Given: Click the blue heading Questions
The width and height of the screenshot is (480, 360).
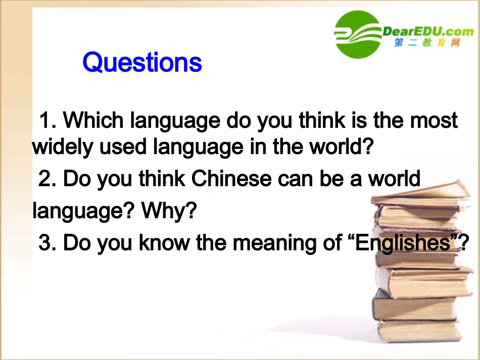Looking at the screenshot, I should [142, 63].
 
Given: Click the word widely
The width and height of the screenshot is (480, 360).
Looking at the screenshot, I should [56, 147].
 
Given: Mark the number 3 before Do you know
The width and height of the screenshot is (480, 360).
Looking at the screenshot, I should [46, 243].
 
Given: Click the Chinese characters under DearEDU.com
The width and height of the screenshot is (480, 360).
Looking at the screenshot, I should [427, 44].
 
